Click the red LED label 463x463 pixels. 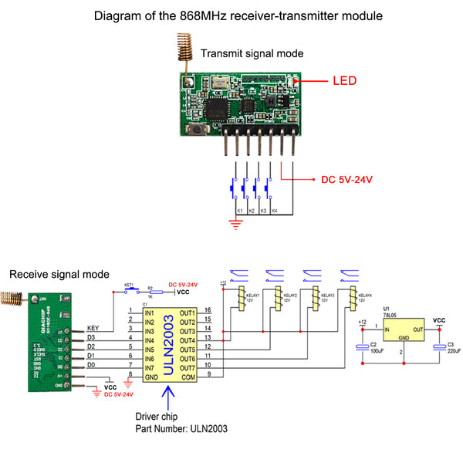click(345, 80)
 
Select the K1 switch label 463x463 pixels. click(239, 211)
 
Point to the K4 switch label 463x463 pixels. click(274, 211)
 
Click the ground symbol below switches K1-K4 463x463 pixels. click(233, 225)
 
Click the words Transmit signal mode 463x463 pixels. click(252, 53)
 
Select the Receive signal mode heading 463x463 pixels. click(59, 274)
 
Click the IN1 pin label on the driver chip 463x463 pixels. click(150, 311)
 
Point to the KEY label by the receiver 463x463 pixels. click(94, 328)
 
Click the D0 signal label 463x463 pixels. click(91, 364)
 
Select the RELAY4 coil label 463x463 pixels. click(364, 297)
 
